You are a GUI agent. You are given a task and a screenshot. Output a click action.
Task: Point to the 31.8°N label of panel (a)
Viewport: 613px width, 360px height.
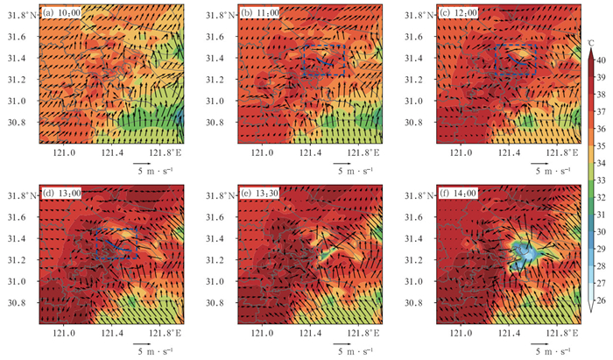22,15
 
